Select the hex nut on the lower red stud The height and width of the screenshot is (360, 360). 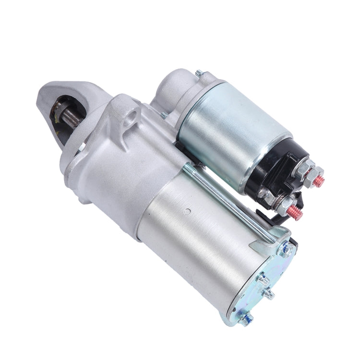point(286,205)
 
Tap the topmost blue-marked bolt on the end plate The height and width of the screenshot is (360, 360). point(286,250)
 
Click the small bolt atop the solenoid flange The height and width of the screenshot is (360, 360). point(199,73)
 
